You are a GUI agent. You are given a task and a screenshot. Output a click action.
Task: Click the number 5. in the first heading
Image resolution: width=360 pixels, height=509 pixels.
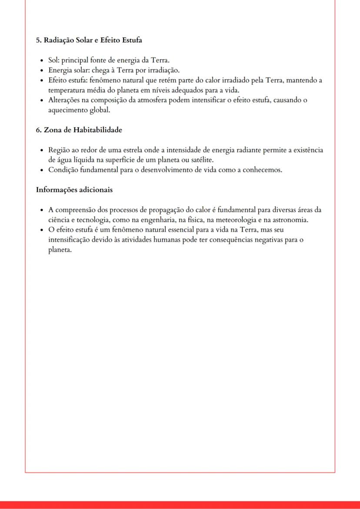pyautogui.click(x=39, y=40)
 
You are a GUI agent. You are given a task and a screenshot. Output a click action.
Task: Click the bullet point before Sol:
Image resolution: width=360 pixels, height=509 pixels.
pyautogui.click(x=41, y=60)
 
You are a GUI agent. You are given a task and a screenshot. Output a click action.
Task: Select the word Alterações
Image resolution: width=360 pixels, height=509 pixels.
pyautogui.click(x=64, y=100)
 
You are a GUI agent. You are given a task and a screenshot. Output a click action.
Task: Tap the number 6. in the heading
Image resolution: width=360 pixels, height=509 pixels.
pyautogui.click(x=39, y=130)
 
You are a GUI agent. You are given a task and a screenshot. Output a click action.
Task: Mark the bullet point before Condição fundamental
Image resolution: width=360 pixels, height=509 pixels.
pyautogui.click(x=41, y=170)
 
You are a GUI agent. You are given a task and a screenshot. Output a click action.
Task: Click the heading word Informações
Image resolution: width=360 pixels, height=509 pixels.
pyautogui.click(x=56, y=190)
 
